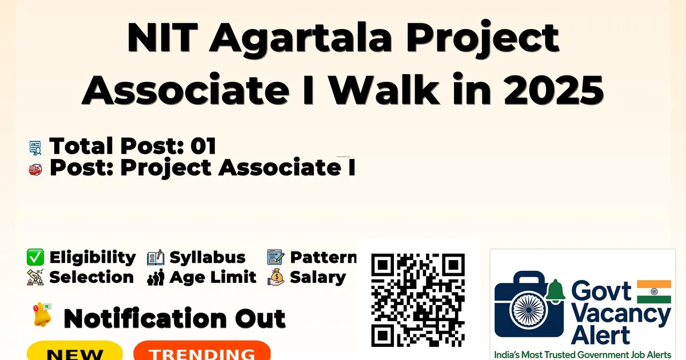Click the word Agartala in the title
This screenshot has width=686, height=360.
pyautogui.click(x=301, y=40)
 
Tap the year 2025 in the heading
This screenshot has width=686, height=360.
pyautogui.click(x=554, y=90)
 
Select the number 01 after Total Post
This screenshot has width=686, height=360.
pyautogui.click(x=204, y=146)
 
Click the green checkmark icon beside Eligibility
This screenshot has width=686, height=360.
pyautogui.click(x=35, y=257)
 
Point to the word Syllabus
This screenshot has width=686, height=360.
pyautogui.click(x=208, y=258)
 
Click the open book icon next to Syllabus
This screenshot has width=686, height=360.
pyautogui.click(x=155, y=257)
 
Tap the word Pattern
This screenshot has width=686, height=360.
pyautogui.click(x=323, y=257)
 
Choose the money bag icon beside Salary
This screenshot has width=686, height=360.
pyautogui.click(x=276, y=277)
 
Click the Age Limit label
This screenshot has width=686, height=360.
pyautogui.click(x=213, y=277)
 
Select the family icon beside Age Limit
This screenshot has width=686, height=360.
pyautogui.click(x=155, y=277)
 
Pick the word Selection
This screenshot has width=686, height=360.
pyautogui.click(x=91, y=277)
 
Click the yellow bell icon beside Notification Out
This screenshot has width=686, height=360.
pyautogui.click(x=42, y=314)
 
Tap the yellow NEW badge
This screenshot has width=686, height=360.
pyautogui.click(x=75, y=351)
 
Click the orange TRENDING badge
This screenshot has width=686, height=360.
pyautogui.click(x=202, y=351)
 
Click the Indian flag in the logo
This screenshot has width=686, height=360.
pyautogui.click(x=654, y=291)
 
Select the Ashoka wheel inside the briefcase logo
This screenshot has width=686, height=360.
pyautogui.click(x=528, y=310)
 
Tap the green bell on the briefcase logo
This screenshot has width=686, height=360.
pyautogui.click(x=555, y=291)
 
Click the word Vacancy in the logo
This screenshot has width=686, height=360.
pyautogui.click(x=621, y=315)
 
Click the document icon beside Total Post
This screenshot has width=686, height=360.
pyautogui.click(x=35, y=147)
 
